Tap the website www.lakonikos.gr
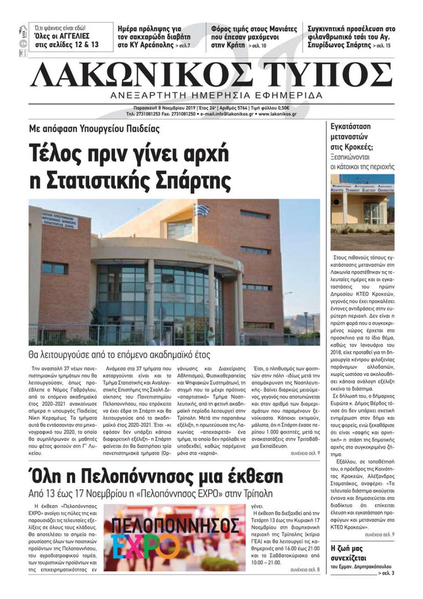[277, 114]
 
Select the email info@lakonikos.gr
[229, 114]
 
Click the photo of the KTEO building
[362, 212]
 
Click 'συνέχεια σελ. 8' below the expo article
[305, 570]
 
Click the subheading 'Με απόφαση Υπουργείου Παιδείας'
[94, 129]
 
